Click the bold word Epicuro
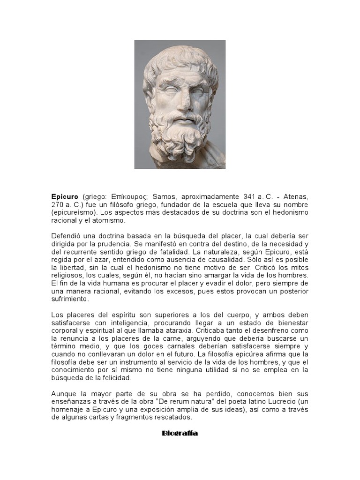65,196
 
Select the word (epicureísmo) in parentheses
73,213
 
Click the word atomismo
107,220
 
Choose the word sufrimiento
70,299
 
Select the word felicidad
116,378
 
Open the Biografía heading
180,433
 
